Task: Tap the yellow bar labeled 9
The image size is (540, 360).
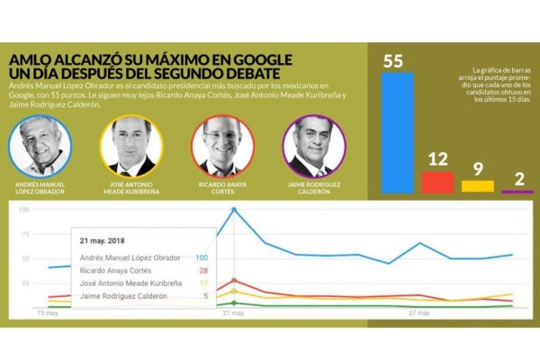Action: click(478, 186)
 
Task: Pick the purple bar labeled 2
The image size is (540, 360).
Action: click(517, 191)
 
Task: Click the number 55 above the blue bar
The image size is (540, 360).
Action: click(393, 62)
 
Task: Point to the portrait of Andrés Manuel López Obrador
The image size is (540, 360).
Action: click(40, 146)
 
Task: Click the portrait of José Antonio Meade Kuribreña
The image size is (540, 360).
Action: click(131, 146)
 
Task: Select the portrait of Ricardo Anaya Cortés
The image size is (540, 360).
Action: click(222, 146)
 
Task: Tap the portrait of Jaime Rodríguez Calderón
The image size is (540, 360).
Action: click(313, 146)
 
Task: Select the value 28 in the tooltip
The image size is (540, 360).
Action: click(203, 270)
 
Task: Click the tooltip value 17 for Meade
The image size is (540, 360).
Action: click(204, 283)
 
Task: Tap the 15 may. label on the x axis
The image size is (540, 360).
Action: click(49, 313)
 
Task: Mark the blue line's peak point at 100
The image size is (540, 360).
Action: click(234, 211)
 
